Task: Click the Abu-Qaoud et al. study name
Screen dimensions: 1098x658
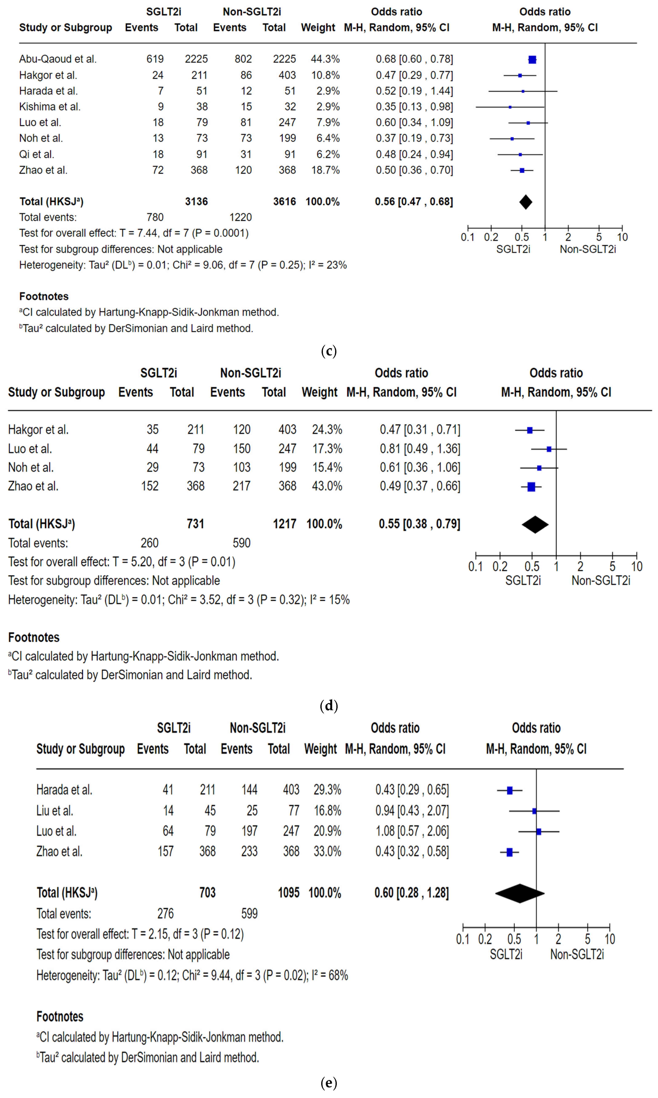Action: pos(58,59)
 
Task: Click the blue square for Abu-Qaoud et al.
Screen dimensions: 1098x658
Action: pos(532,59)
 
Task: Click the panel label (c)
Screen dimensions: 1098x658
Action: pos(329,351)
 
